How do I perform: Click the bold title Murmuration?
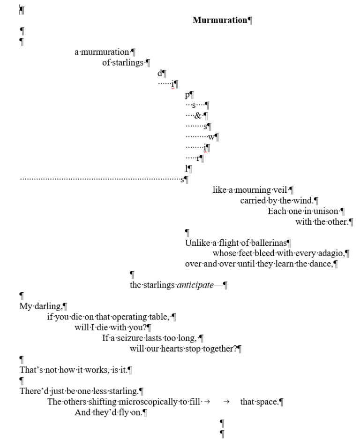click(220, 20)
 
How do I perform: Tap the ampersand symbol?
click(198, 115)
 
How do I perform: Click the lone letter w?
click(211, 137)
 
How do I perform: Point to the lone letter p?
click(187, 95)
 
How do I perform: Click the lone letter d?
click(160, 73)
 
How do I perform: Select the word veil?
click(280, 190)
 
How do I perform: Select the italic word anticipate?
click(195, 285)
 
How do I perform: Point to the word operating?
click(130, 317)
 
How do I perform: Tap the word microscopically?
click(148, 402)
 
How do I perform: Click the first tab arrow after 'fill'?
click(207, 402)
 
